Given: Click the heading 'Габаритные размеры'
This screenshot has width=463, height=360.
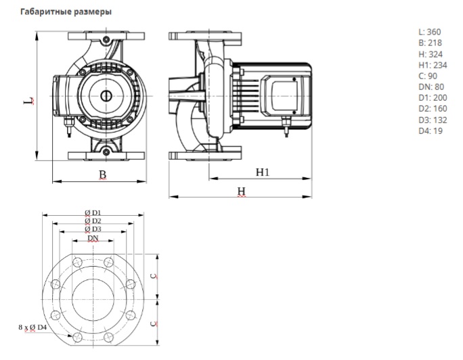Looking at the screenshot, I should coord(66,12).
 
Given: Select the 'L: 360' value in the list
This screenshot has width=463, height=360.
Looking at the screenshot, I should coord(429,32).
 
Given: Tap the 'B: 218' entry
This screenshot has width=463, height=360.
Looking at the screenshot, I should coord(429,43).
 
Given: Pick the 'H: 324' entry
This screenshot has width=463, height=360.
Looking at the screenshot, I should coord(429,54).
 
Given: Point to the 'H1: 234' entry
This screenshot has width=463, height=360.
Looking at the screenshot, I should coord(432,65).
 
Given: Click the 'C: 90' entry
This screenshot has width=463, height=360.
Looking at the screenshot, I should coord(427,76).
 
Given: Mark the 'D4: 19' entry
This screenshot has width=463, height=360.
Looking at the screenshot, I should coord(429,131).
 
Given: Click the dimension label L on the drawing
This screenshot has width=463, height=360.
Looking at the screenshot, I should coord(27,102).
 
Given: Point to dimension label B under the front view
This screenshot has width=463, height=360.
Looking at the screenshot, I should coord(103,175).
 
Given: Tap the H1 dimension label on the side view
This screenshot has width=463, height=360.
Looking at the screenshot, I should coord(263,173).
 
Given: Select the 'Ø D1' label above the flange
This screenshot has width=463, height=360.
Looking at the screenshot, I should coord(93,212).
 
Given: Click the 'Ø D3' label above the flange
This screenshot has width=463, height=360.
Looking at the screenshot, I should coord(93,229).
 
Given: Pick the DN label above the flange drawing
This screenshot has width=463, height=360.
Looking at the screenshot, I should coord(93,238).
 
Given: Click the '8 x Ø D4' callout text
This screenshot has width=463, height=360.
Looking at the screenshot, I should coord(32,328).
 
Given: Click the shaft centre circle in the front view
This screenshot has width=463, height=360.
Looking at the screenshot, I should coord(107,96).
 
